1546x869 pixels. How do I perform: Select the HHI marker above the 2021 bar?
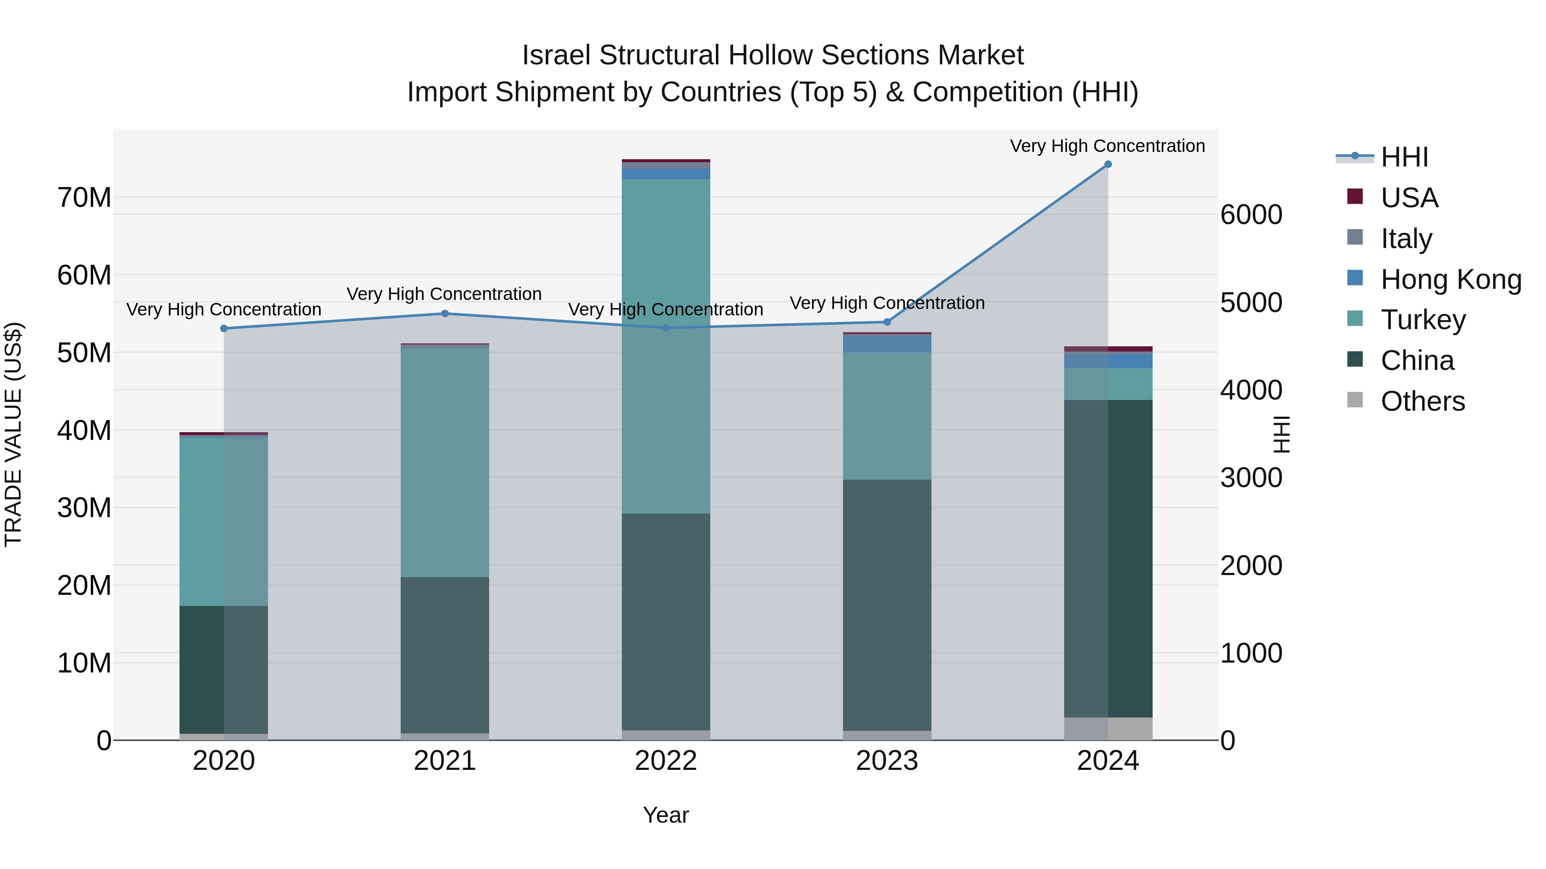tap(445, 314)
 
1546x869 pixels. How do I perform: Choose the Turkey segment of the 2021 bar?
tap(445, 462)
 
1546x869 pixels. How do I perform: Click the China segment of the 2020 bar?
tap(223, 669)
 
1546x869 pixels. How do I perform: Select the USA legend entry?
tap(1409, 198)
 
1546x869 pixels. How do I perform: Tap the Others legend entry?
tap(1422, 401)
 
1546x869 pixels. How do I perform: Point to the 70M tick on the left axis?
tap(84, 198)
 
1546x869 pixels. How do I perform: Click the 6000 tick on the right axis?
tap(1251, 215)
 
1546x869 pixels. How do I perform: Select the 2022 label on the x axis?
tap(666, 761)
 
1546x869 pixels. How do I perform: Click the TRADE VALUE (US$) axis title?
tap(13, 434)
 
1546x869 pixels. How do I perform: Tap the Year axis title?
tap(666, 815)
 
